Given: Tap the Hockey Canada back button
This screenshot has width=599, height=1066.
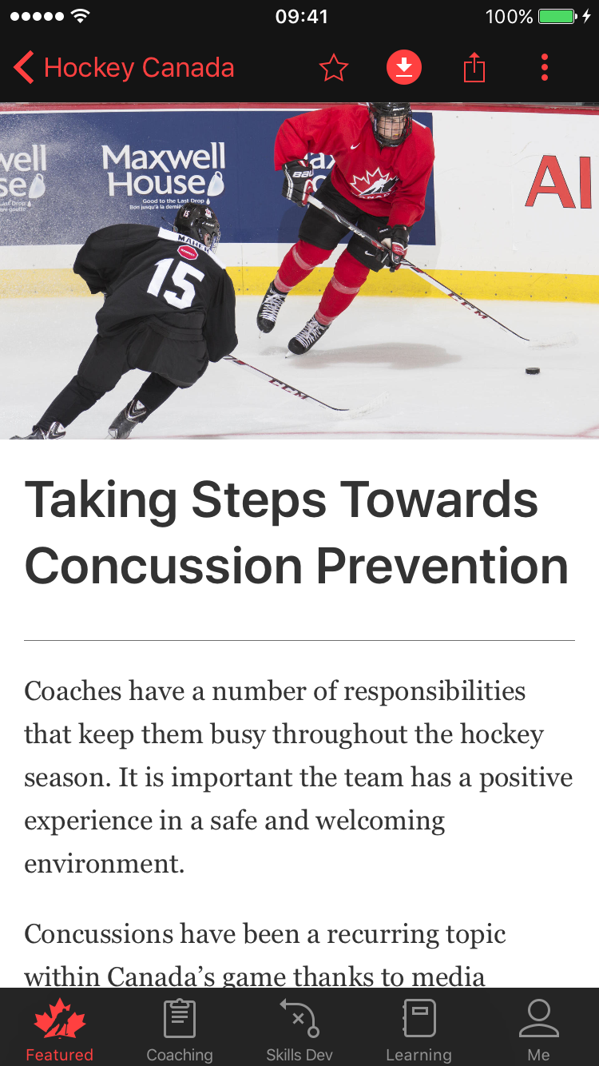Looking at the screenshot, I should (x=124, y=68).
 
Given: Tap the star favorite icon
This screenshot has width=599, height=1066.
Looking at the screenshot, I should (x=333, y=68).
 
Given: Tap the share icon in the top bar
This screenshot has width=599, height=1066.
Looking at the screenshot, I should (x=474, y=68).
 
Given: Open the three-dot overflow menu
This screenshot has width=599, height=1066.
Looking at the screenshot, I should (x=545, y=68).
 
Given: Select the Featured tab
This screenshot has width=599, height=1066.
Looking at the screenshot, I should (x=59, y=1031).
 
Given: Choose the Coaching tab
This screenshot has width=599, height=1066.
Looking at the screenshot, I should (x=180, y=1031).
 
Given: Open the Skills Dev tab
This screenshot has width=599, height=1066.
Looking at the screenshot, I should (x=299, y=1031).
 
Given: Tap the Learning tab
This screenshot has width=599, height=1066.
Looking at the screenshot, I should (x=419, y=1031).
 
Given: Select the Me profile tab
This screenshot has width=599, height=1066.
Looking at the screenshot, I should (x=538, y=1031).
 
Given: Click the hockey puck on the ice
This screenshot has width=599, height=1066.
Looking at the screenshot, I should (x=532, y=371).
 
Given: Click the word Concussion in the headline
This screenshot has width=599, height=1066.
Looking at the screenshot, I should (x=163, y=566).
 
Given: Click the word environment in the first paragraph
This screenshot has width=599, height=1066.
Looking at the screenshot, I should (x=104, y=864).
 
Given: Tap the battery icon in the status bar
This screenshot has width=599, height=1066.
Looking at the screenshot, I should (x=557, y=16).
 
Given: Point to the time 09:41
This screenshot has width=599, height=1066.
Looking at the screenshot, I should (x=301, y=16).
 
